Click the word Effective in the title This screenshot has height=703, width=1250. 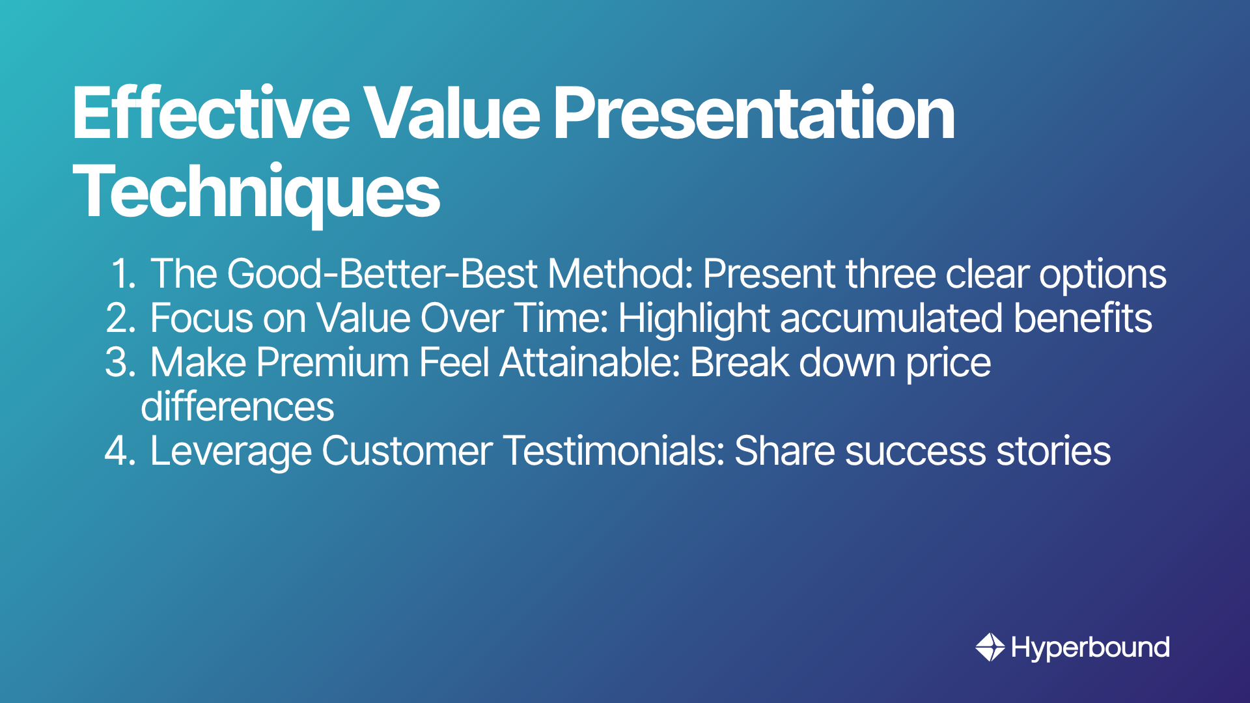pos(212,113)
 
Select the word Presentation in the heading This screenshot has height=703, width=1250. pos(754,113)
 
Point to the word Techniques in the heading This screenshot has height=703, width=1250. pos(257,193)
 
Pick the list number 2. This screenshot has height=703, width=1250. pos(121,318)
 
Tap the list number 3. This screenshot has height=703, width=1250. pos(121,362)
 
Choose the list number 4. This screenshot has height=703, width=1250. pos(121,451)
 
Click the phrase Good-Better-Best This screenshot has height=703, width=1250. pos(382,273)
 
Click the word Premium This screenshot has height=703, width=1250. pos(333,362)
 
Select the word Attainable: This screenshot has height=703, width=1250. pos(590,362)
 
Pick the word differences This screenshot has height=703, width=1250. pos(238,407)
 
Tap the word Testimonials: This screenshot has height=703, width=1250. pos(614,451)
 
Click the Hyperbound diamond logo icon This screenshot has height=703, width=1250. pos(990,647)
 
